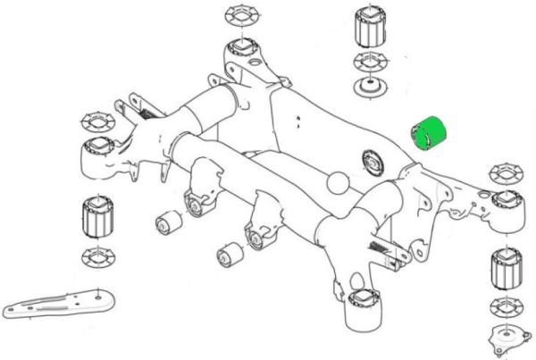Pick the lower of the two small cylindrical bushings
[228, 254]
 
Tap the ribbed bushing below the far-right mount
[506, 269]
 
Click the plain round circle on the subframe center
[339, 183]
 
